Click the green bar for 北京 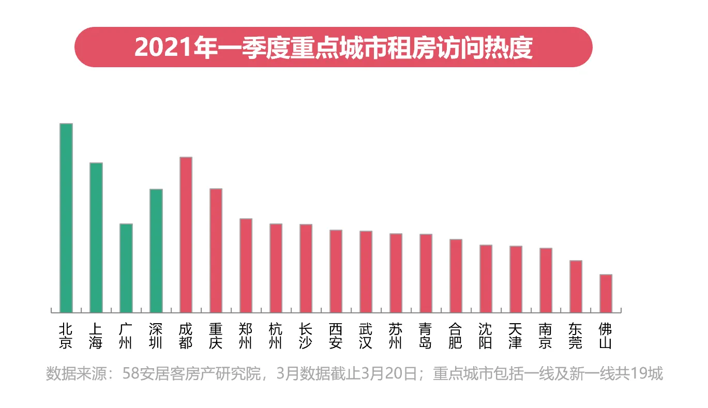(x=66, y=218)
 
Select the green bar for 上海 (x=96, y=237)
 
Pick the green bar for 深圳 (x=156, y=250)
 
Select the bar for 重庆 (x=216, y=250)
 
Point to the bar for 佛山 (x=606, y=293)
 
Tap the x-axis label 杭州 (x=276, y=336)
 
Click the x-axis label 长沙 (x=306, y=336)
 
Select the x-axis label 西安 (x=336, y=336)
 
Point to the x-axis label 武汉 (x=366, y=336)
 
